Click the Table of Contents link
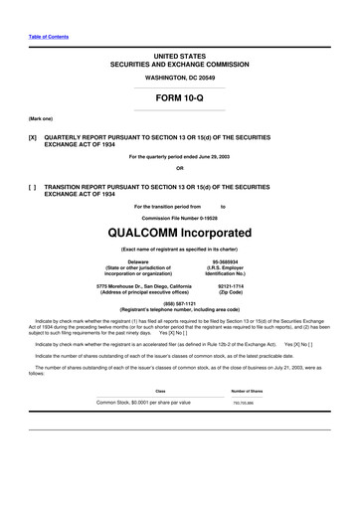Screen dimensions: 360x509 coord(48,37)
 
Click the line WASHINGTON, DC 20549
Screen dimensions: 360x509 coord(179,76)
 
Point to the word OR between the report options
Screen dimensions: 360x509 coord(179,167)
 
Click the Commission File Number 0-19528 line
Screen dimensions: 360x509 coord(179,216)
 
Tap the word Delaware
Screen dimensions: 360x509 coord(124,261)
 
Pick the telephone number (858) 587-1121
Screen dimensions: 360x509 coord(179,303)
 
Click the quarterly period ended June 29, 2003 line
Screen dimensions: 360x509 coord(179,157)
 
